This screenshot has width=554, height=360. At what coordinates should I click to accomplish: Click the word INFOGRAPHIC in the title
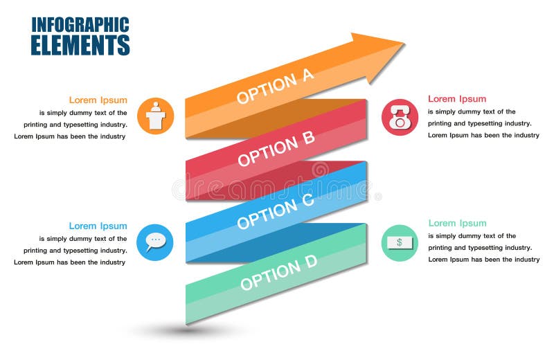tap(80, 25)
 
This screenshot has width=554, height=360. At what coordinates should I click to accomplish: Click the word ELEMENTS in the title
tap(80, 45)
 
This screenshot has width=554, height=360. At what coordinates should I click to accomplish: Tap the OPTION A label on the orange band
tap(276, 87)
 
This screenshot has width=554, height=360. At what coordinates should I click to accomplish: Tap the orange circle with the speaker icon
tap(156, 116)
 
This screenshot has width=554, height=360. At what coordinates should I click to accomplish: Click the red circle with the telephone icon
tap(400, 117)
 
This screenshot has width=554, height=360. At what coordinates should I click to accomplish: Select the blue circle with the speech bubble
tap(155, 242)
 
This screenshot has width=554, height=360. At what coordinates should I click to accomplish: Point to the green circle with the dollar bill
tap(400, 243)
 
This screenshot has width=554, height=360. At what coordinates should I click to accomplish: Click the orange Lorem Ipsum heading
tap(98, 100)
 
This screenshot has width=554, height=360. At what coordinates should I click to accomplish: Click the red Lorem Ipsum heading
tap(457, 99)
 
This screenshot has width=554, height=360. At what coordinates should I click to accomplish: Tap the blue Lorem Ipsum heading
tap(98, 226)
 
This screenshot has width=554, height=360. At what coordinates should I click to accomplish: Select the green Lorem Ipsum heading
tap(457, 223)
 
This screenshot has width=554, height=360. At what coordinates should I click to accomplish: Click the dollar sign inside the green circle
tap(399, 242)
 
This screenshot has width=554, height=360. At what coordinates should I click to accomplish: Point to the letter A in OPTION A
tap(306, 75)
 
